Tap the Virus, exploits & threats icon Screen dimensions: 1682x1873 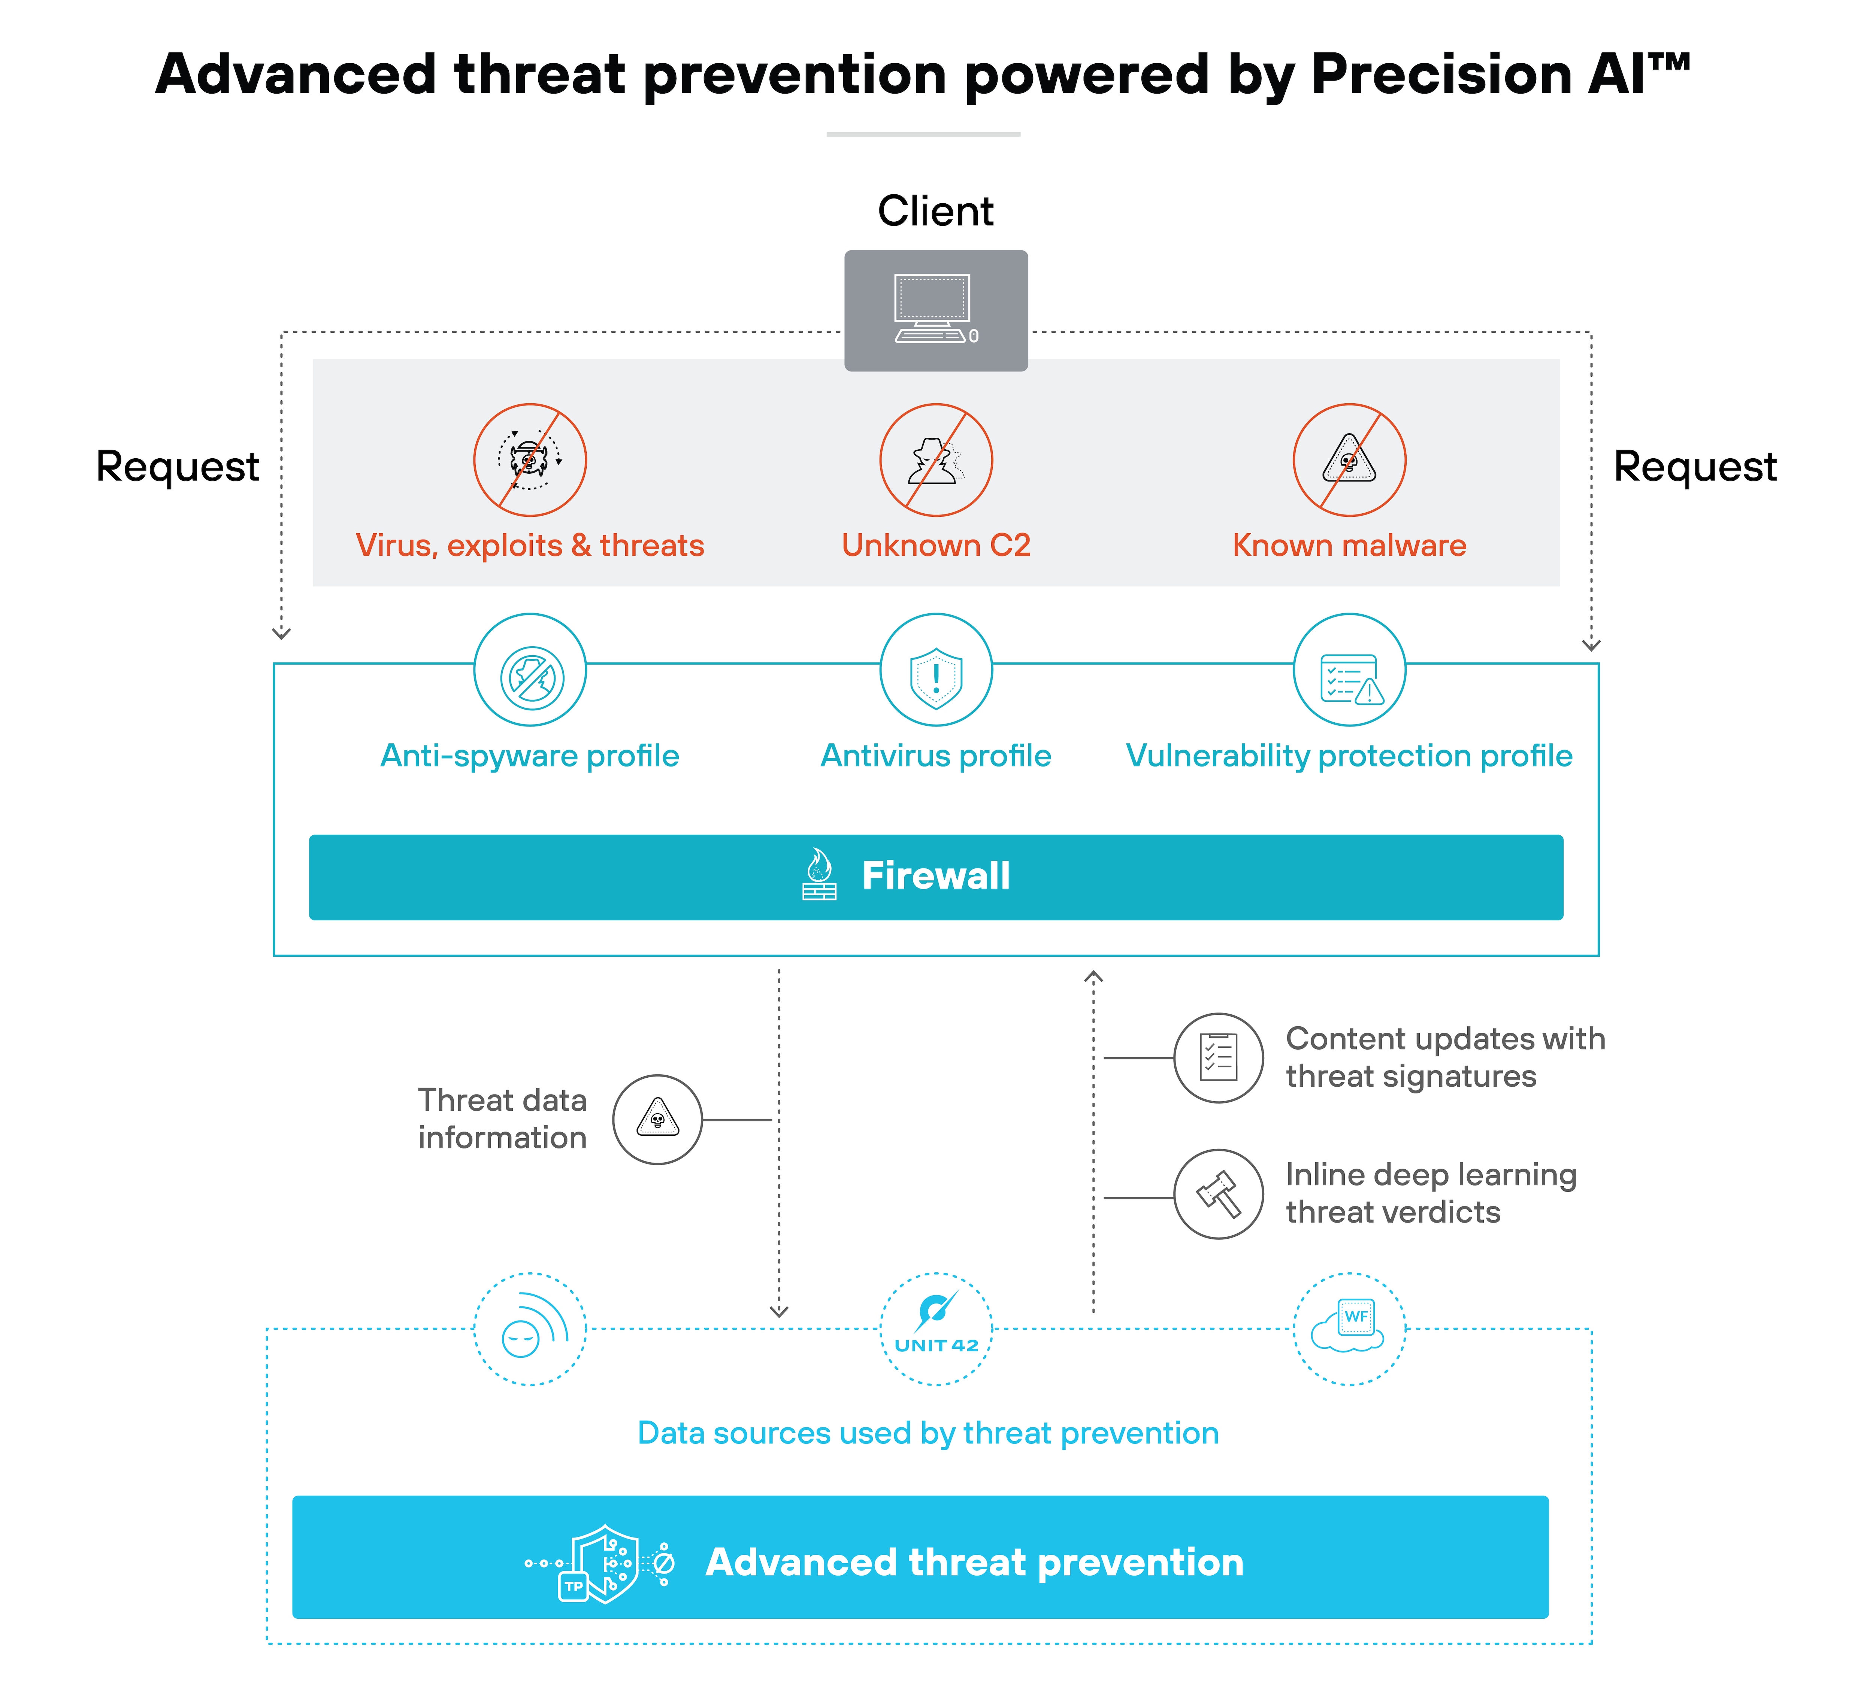pos(530,459)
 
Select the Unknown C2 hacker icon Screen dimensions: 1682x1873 pos(936,459)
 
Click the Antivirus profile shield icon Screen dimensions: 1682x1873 pos(936,677)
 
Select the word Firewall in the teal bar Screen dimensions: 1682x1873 pos(936,875)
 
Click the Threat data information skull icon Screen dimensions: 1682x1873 pos(657,1119)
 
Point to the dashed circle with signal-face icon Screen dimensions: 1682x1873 pos(530,1328)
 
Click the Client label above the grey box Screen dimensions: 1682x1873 pos(935,212)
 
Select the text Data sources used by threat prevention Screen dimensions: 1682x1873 pos(927,1433)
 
